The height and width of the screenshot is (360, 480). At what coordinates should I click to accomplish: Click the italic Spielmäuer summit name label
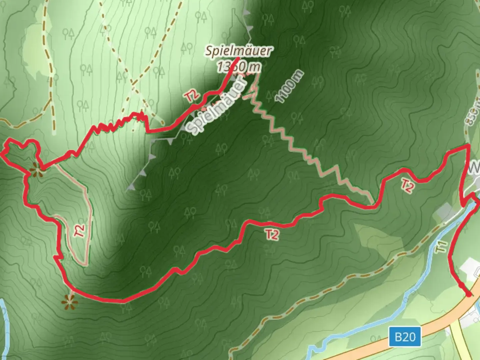pos(238,51)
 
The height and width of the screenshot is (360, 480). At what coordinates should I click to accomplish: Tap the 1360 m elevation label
pos(238,67)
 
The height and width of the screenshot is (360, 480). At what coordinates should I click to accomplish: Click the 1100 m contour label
pos(289,86)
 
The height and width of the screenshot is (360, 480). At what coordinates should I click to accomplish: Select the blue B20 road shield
pos(405,337)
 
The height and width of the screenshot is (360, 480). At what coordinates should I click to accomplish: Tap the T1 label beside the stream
pos(442,247)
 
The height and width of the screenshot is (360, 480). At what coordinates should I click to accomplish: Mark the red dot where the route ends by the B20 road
pos(469,294)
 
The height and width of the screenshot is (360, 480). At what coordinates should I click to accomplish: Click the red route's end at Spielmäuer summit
pos(237,59)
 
